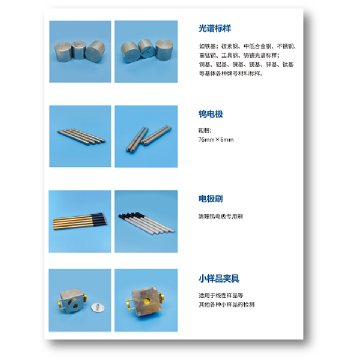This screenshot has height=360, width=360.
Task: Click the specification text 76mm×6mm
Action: (x=216, y=139)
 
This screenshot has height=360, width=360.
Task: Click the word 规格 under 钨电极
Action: (x=205, y=130)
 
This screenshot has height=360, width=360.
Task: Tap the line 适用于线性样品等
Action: (x=221, y=295)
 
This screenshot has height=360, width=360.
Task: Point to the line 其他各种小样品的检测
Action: (x=226, y=304)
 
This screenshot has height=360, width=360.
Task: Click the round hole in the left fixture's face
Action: (x=73, y=304)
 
